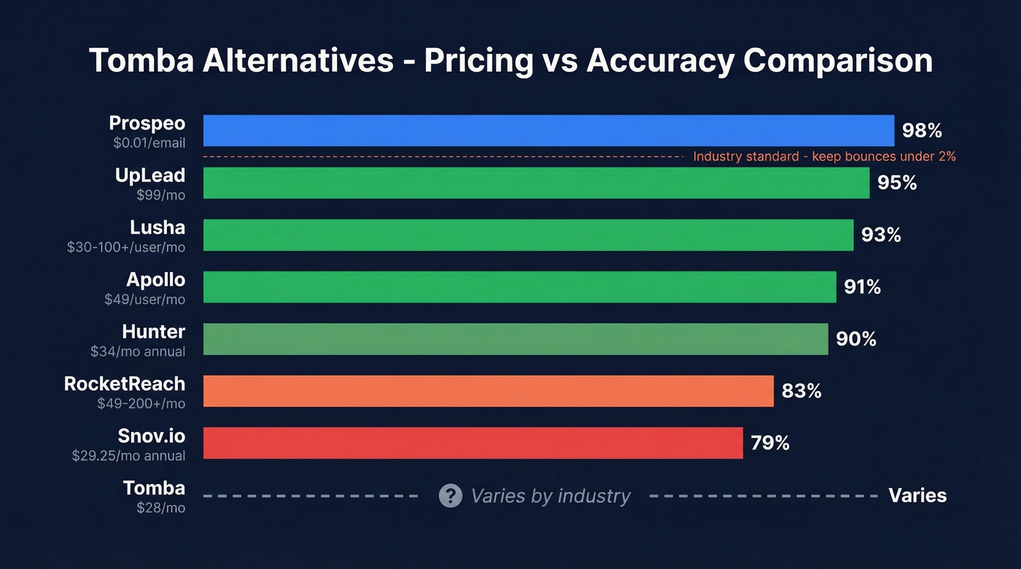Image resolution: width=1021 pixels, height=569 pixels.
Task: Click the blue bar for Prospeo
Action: pos(548,130)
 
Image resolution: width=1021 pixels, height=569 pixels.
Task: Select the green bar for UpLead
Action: pos(536,183)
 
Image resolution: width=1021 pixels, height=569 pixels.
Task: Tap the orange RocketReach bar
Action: pos(488,391)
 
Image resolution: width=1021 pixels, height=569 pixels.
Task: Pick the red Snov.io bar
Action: pos(473,443)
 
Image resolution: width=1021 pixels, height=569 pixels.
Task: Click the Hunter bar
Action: pos(516,339)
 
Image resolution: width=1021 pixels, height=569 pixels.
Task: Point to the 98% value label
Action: pos(922,130)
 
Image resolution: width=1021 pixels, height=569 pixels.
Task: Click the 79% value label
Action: pos(770,443)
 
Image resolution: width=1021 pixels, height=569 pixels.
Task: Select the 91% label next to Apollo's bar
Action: pos(862,287)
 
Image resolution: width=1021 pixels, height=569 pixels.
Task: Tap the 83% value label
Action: pos(801,391)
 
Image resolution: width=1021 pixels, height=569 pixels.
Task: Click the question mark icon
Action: pos(450,496)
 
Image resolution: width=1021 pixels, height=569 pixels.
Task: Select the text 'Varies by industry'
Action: pos(551,496)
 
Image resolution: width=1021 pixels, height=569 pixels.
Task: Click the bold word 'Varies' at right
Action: pos(917,496)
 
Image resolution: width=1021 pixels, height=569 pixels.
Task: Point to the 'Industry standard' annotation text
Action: pos(824,156)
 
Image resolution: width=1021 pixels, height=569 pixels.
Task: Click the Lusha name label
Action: pos(158,228)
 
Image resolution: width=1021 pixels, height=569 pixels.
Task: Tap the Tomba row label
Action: pos(154,488)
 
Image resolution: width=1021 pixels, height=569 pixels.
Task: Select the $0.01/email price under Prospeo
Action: pos(149,144)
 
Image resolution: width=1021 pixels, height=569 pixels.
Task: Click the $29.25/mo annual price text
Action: pos(128,456)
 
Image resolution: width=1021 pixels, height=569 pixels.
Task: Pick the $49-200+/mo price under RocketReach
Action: pos(141,404)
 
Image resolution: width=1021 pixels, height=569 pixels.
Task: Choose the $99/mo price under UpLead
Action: pos(160,195)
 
